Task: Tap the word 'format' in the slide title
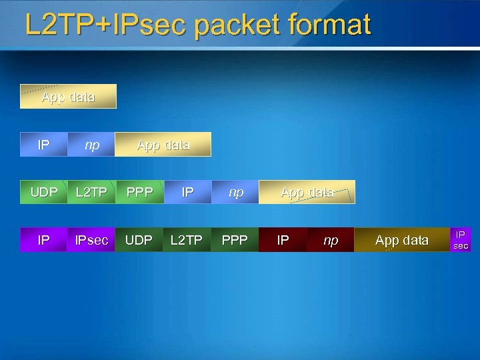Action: click(331, 26)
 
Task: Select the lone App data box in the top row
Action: click(68, 97)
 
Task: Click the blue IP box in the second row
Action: click(44, 145)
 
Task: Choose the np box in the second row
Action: click(92, 145)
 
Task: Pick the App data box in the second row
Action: click(163, 145)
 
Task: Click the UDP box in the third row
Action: click(44, 192)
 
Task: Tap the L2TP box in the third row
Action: click(92, 192)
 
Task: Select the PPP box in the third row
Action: click(139, 192)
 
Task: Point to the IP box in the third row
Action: click(188, 192)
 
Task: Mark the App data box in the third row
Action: click(307, 192)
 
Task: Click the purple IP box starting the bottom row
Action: click(44, 240)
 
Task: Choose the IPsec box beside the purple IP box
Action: click(92, 240)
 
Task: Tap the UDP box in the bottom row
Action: click(139, 240)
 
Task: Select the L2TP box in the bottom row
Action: click(187, 240)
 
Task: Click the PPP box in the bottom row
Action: click(235, 240)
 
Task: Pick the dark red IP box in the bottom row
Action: click(283, 240)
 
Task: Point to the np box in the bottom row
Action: click(331, 240)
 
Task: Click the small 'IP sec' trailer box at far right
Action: click(461, 240)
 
